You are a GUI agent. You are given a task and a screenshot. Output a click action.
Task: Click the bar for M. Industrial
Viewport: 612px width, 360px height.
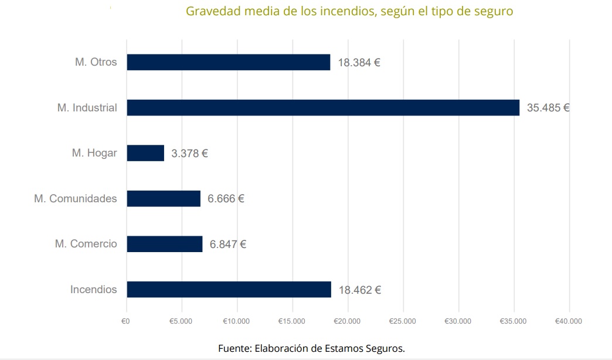point(323,107)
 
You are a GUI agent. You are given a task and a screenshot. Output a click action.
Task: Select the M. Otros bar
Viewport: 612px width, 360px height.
point(229,62)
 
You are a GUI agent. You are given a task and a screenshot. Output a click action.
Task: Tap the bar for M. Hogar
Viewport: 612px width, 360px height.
point(145,153)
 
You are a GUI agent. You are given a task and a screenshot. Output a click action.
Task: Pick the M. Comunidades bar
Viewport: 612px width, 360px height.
point(164,198)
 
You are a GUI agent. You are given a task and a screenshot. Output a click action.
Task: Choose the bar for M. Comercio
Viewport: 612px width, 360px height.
point(165,244)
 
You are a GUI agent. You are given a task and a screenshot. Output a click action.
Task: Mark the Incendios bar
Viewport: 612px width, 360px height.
point(229,289)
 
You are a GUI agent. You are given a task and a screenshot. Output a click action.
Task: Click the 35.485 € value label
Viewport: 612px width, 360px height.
point(548,108)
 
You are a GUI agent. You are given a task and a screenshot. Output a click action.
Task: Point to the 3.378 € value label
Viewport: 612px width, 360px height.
point(189,154)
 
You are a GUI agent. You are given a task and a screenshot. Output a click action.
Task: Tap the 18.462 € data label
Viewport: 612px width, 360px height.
point(359,290)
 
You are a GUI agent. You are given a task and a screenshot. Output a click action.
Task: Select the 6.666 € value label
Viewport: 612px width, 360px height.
point(226,199)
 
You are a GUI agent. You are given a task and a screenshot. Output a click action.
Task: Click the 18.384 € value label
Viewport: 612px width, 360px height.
point(359,62)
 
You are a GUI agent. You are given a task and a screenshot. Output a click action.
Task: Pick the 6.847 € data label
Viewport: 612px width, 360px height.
point(227,244)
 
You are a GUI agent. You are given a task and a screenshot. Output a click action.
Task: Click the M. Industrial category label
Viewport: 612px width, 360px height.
point(87,108)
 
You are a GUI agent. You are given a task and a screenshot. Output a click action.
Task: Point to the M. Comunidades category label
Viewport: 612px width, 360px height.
point(76,199)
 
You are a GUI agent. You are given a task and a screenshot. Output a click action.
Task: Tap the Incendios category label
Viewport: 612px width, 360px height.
point(94,290)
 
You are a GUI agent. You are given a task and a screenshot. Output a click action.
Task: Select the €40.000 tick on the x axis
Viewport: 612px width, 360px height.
point(569,321)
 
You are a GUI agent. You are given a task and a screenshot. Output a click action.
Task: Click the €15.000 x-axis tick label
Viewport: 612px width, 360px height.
point(292,321)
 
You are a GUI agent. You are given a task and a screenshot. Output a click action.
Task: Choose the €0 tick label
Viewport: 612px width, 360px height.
point(125,321)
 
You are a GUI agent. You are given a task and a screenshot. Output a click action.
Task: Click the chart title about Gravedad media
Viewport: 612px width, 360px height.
point(349,11)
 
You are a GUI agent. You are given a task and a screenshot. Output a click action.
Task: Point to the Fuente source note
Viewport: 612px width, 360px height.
point(311,348)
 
